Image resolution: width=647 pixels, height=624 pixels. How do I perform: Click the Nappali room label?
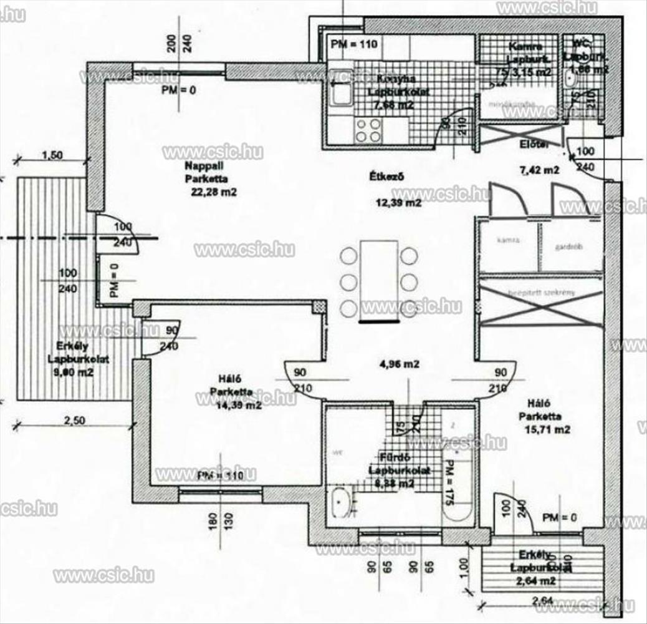[199, 165]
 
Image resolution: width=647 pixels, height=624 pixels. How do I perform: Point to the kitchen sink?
[340, 94]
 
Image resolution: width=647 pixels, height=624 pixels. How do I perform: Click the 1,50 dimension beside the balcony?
[54, 156]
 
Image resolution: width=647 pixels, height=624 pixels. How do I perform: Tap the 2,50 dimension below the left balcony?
[74, 420]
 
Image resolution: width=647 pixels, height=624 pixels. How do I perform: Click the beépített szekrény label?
[540, 293]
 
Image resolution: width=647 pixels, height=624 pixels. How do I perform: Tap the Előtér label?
[534, 145]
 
